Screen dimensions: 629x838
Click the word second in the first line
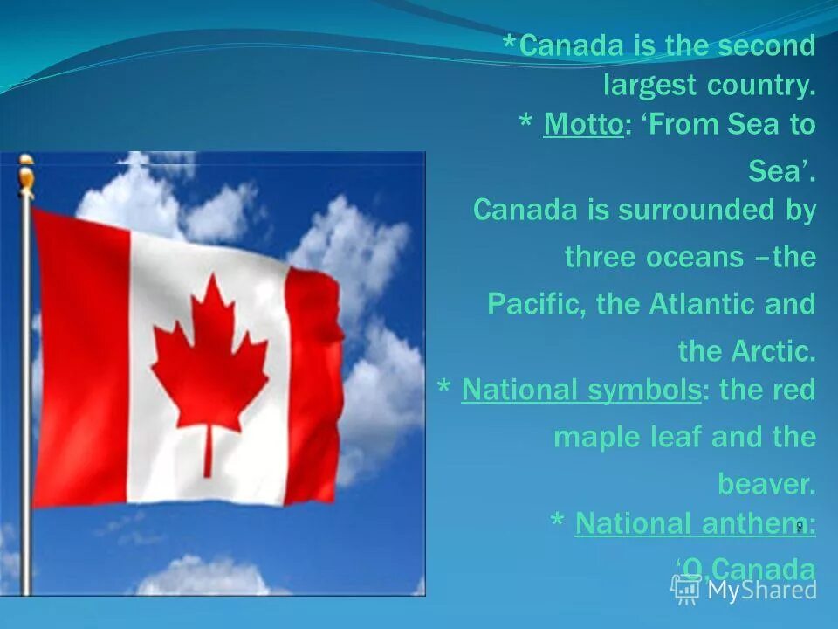click(766, 46)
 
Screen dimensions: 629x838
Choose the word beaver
click(766, 483)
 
